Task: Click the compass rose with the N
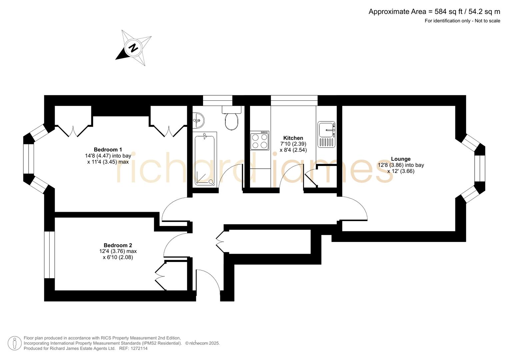coord(134,48)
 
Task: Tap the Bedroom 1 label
coord(108,150)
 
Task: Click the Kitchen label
coord(293,138)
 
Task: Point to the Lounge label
coord(401,159)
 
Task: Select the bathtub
coord(205,159)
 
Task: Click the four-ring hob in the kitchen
coord(260,141)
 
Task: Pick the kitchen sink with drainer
coord(326,134)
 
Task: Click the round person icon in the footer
coord(15,343)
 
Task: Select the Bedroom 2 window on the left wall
coord(49,255)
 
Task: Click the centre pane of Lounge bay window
coord(480,168)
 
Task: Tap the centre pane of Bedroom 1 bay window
coord(29,159)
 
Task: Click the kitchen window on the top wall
coord(294,100)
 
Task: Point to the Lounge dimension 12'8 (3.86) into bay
coord(401,165)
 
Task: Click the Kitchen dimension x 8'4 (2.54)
coord(293,150)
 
